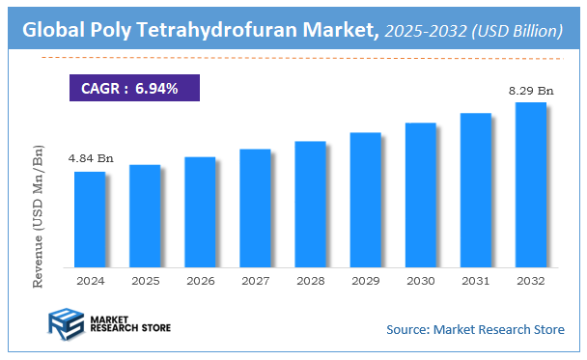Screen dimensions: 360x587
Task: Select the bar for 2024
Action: (89, 219)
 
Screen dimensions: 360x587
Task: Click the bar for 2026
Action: (200, 211)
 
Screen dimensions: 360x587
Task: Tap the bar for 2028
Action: (310, 204)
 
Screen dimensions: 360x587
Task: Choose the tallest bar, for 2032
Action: (530, 184)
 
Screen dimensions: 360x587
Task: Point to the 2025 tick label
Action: (145, 281)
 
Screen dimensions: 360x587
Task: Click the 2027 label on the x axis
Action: (255, 281)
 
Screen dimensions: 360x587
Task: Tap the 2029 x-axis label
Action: (365, 281)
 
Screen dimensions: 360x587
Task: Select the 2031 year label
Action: (475, 281)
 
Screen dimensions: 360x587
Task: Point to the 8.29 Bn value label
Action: (531, 90)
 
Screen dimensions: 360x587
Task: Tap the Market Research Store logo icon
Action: (65, 324)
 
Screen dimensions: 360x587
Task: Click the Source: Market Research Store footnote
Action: (475, 330)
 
